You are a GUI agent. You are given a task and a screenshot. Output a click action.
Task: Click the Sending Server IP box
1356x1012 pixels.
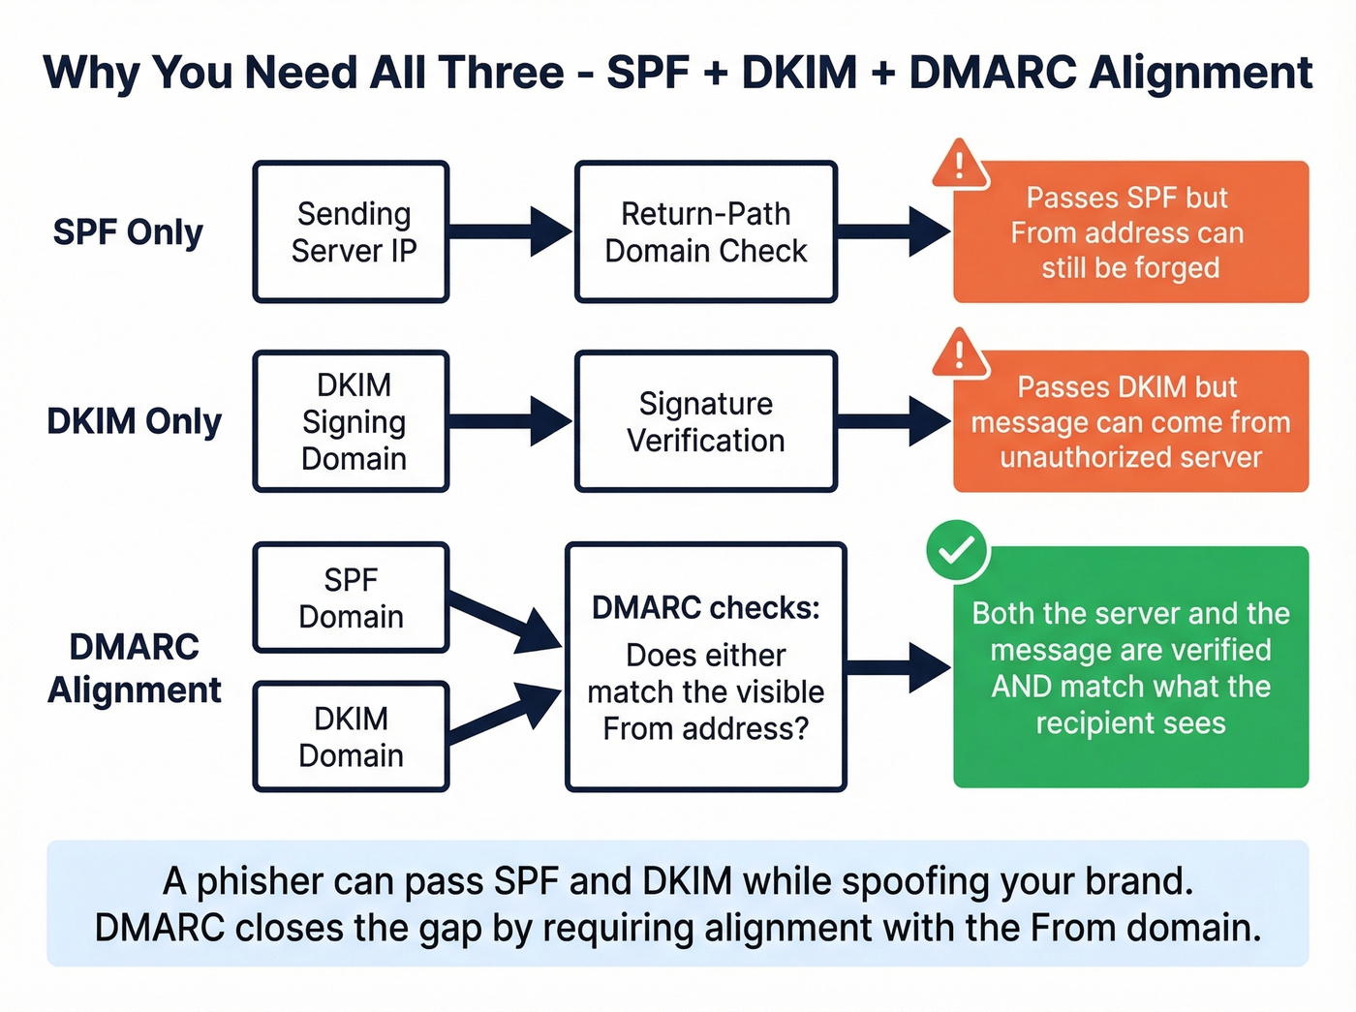coord(352,232)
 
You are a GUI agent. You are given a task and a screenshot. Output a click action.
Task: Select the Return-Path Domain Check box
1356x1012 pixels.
coord(705,232)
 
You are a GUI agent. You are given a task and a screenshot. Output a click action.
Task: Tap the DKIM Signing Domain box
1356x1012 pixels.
coord(352,421)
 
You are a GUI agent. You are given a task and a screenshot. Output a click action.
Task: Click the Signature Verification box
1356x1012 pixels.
coord(705,421)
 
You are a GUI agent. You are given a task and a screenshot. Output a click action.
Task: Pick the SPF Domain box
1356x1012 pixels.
coord(352,598)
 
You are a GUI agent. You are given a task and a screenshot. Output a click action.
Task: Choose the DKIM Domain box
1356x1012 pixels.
coord(352,736)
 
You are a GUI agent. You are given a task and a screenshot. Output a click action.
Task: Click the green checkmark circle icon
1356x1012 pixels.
coord(957,551)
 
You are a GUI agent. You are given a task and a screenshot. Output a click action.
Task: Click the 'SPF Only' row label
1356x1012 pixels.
coord(128,232)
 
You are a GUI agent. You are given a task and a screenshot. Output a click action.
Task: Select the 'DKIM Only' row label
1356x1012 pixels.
coord(134,421)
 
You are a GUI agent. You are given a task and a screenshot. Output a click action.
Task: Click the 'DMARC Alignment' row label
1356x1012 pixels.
coord(134,668)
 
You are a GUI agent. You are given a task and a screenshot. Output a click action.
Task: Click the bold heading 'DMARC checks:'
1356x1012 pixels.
coord(705,607)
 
